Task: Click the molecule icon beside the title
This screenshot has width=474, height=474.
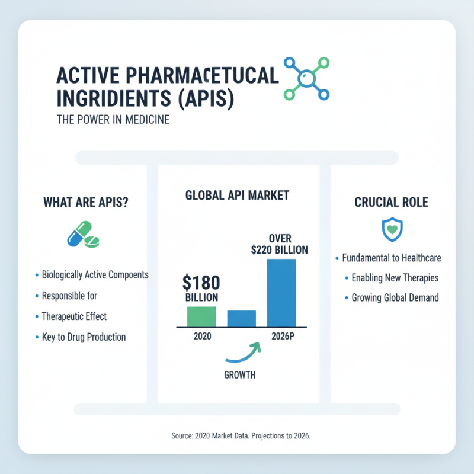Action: (x=306, y=78)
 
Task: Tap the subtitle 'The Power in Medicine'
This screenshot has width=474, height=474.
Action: (x=113, y=120)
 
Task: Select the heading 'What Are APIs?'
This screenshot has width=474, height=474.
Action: (x=87, y=203)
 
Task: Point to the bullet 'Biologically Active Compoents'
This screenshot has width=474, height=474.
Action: (x=95, y=275)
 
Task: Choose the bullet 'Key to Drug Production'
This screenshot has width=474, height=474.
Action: (x=84, y=337)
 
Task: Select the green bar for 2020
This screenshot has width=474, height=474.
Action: (x=201, y=316)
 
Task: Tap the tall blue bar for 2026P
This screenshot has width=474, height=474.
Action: (x=281, y=293)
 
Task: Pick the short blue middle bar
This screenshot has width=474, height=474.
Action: (x=242, y=319)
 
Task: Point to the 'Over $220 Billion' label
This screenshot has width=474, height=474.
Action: (x=280, y=244)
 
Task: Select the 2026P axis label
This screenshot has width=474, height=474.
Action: (x=282, y=337)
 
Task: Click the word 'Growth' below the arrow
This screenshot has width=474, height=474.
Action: (x=239, y=375)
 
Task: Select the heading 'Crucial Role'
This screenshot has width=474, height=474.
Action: (x=391, y=203)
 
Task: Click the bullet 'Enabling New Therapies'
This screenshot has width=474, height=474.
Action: (x=395, y=277)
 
